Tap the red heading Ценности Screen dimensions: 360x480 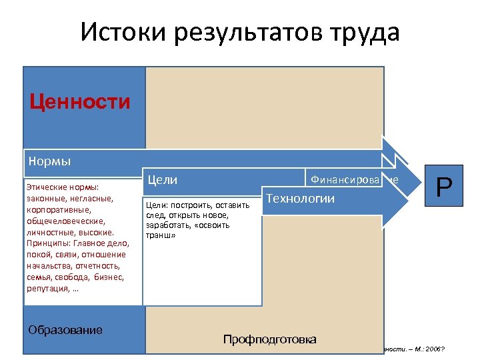pyautogui.click(x=80, y=101)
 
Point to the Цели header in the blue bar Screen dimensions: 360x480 pyautogui.click(x=162, y=180)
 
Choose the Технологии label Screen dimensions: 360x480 pyautogui.click(x=300, y=199)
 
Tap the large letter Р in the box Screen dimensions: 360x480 pyautogui.click(x=444, y=188)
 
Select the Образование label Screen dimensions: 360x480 pyautogui.click(x=65, y=330)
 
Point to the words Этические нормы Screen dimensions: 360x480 pyautogui.click(x=62, y=187)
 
